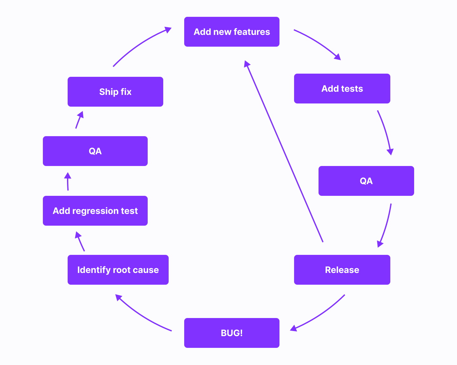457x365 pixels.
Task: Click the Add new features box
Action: pyautogui.click(x=232, y=32)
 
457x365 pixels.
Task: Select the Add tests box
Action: pyautogui.click(x=342, y=89)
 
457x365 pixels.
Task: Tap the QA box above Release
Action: pyautogui.click(x=366, y=181)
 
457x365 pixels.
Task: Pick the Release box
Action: pyautogui.click(x=342, y=270)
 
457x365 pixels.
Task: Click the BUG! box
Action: pyautogui.click(x=232, y=333)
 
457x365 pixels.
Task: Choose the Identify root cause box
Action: pyautogui.click(x=118, y=270)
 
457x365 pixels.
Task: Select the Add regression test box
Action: pyautogui.click(x=95, y=211)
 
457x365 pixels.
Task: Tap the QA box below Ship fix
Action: pyautogui.click(x=95, y=151)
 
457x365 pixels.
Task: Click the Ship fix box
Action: pyautogui.click(x=115, y=92)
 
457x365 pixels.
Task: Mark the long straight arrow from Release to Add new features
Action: pyautogui.click(x=284, y=152)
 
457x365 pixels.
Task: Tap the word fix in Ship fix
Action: pyautogui.click(x=126, y=92)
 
